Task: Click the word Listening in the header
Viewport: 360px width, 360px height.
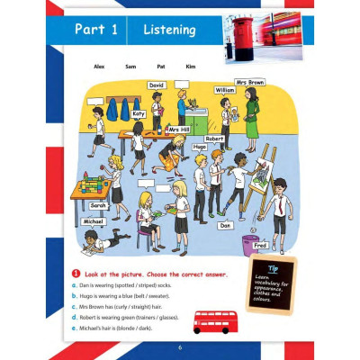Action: coord(170,31)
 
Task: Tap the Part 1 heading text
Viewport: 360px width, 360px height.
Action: coord(96,31)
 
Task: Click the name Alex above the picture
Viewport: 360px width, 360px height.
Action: coord(100,66)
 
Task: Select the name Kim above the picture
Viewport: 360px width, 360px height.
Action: coord(190,66)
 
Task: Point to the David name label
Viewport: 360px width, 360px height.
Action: coord(157,85)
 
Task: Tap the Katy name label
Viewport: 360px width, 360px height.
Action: coord(138,114)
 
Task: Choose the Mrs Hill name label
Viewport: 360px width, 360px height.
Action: coord(179,130)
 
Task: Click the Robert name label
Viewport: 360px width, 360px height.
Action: coord(213,139)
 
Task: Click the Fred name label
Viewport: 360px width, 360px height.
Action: coord(260,244)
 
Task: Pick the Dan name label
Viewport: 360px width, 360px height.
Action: coord(225,226)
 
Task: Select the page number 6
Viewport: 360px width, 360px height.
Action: coord(180,347)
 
